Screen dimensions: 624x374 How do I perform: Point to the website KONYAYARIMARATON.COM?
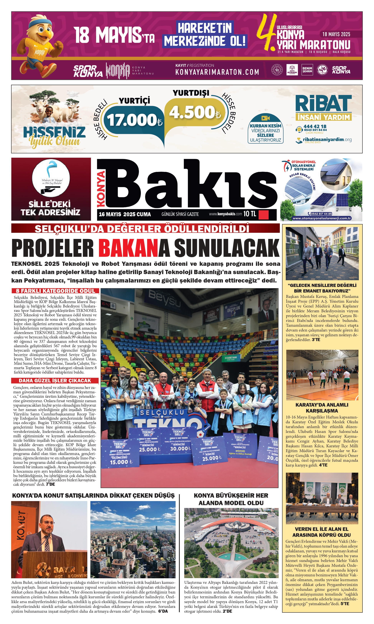point(217,72)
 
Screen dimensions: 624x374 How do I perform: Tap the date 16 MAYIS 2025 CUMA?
point(125,214)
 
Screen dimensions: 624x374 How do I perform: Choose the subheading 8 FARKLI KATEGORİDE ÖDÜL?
point(55,291)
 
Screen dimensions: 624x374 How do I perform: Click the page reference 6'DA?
point(163,611)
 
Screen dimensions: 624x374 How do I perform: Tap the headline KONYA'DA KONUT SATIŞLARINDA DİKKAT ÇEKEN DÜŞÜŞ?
point(93,495)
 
